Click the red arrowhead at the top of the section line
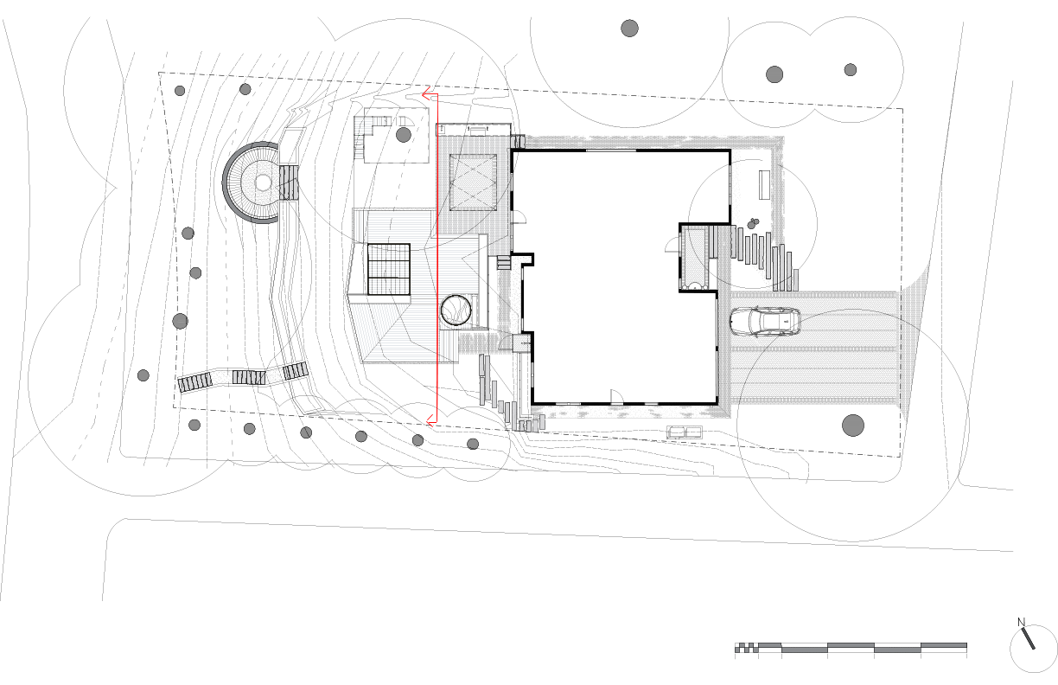426,94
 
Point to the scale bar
851,646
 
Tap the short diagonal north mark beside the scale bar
1029,638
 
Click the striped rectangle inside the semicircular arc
290,182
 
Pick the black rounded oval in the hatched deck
764,321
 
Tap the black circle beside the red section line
455,310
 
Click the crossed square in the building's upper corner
473,182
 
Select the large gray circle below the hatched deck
853,426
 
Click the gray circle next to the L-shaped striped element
404,135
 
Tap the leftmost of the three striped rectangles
195,381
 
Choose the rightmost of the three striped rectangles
296,371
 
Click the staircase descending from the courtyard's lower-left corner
508,402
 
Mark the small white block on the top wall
517,142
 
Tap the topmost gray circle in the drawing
629,29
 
